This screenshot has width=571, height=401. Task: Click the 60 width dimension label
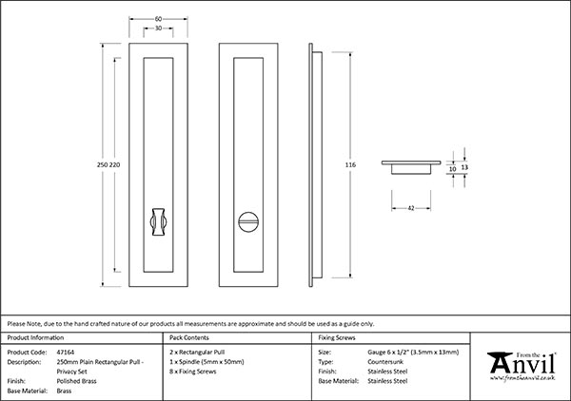pyautogui.click(x=157, y=17)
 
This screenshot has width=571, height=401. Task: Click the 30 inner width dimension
pyautogui.click(x=157, y=29)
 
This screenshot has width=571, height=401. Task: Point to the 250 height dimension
pyautogui.click(x=103, y=164)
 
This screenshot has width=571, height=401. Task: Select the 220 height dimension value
pyautogui.click(x=115, y=164)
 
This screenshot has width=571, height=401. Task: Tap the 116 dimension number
pyautogui.click(x=350, y=164)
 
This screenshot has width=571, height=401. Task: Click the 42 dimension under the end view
pyautogui.click(x=410, y=205)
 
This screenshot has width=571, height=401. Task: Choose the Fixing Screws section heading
pyautogui.click(x=338, y=338)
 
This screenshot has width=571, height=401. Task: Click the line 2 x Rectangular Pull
pyautogui.click(x=197, y=353)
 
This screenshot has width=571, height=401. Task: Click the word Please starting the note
pyautogui.click(x=18, y=323)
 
